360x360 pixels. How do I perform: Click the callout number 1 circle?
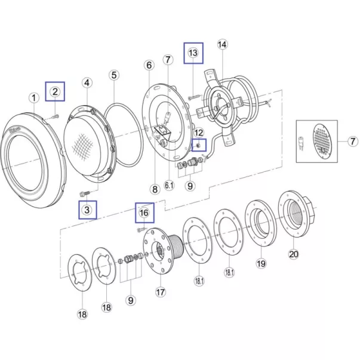(34, 97)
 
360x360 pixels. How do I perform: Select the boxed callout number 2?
(55, 91)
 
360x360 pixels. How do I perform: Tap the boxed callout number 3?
(87, 210)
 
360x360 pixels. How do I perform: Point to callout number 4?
(87, 82)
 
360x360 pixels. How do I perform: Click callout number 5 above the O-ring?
(114, 75)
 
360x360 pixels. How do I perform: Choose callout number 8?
(154, 189)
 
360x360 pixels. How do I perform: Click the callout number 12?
(199, 133)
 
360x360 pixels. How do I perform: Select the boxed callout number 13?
(193, 53)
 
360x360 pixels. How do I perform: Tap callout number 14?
(222, 44)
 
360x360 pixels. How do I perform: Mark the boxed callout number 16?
(144, 212)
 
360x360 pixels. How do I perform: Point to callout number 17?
(159, 292)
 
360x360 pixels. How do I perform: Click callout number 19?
(261, 263)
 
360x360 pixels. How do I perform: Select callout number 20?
(293, 253)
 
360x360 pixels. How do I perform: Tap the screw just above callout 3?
(85, 193)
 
